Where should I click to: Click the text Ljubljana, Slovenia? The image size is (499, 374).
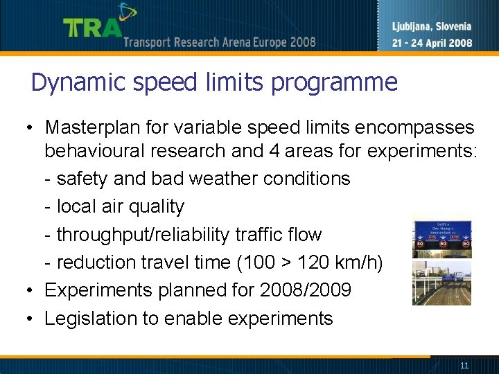[x=432, y=27]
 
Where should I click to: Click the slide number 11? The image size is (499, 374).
[x=464, y=365]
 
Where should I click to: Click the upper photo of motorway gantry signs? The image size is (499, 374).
[x=441, y=237]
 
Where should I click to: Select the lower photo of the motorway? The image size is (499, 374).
[x=441, y=283]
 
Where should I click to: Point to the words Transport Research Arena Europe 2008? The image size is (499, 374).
[x=220, y=42]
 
